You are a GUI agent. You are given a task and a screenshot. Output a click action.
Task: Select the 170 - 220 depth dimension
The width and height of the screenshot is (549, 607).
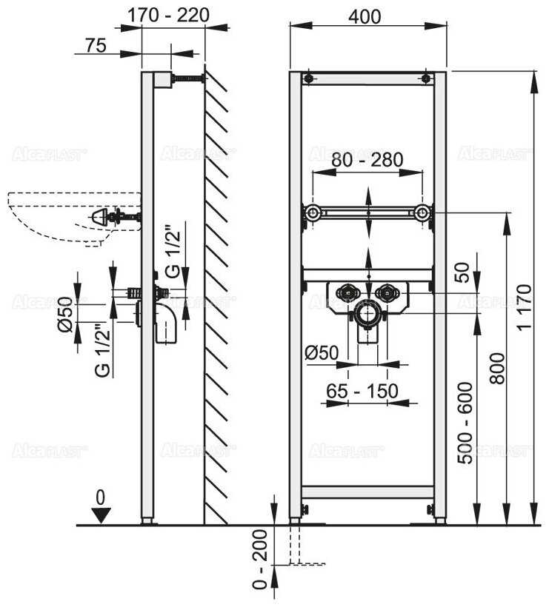point(168,15)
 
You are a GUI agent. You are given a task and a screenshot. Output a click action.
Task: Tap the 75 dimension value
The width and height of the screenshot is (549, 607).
point(94,45)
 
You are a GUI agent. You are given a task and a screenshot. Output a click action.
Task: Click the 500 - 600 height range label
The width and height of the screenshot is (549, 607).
point(465,423)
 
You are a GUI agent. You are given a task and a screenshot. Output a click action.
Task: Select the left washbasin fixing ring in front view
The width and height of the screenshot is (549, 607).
point(313,214)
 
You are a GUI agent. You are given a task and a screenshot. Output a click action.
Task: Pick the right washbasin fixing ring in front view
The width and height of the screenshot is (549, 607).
point(422,214)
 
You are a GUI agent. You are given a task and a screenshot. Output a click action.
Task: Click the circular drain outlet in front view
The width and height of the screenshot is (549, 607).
point(367,314)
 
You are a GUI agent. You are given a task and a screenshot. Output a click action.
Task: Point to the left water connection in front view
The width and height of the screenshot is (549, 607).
point(346,292)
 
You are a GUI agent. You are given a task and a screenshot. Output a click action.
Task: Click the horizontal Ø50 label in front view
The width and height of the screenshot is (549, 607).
point(322,353)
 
